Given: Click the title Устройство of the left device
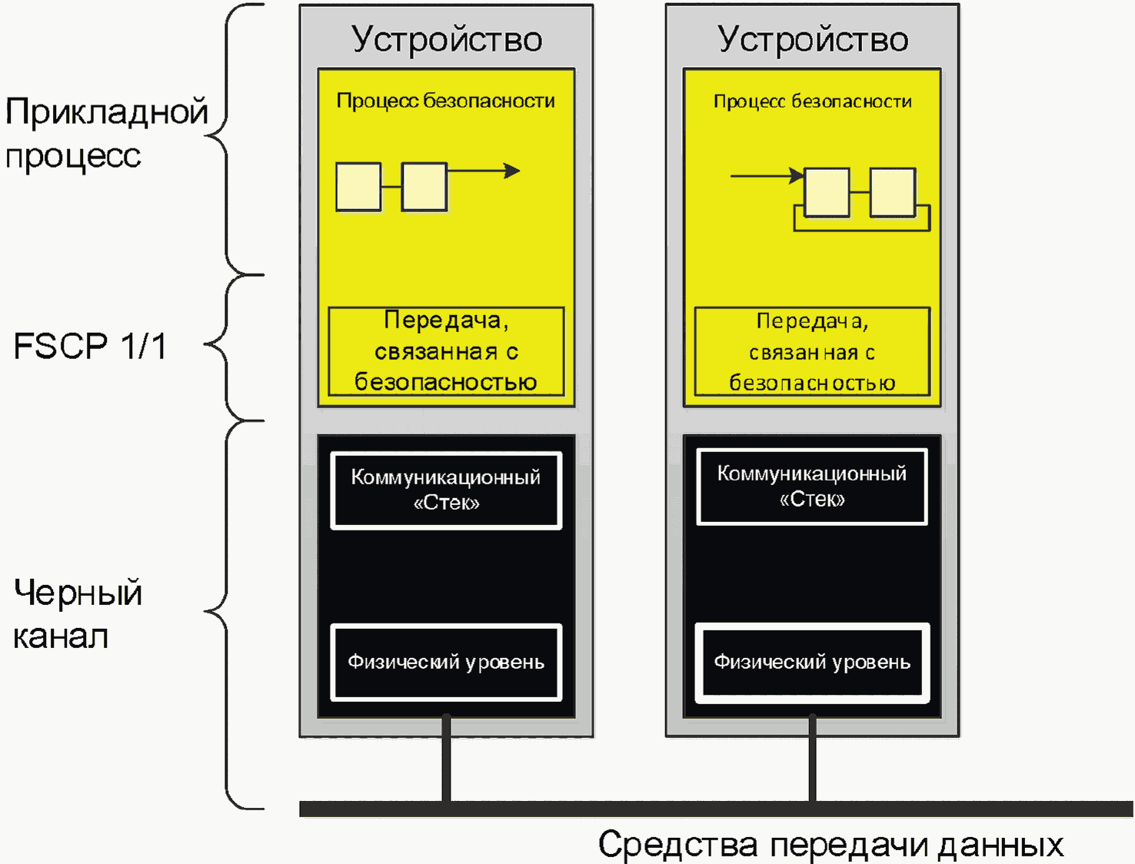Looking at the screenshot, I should (x=447, y=38).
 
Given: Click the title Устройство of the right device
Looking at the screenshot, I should (x=813, y=38).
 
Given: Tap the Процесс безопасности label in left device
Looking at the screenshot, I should (x=446, y=101).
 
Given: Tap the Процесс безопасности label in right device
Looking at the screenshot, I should (x=813, y=101).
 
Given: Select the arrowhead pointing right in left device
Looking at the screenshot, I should (x=512, y=171).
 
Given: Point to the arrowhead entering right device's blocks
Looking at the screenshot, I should (x=797, y=176).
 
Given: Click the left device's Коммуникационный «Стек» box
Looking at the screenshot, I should (x=446, y=490).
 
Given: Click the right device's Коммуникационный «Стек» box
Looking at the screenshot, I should (x=812, y=487).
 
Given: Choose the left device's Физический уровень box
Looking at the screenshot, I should (x=446, y=662).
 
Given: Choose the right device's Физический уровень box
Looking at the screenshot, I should (x=812, y=662).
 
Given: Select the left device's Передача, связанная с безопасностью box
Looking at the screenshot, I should (x=446, y=351).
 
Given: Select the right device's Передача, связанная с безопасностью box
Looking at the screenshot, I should (x=812, y=352).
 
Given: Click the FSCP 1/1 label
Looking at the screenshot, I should (x=90, y=346).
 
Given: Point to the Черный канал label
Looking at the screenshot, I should (x=78, y=614).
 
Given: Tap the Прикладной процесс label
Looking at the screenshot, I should (x=106, y=133).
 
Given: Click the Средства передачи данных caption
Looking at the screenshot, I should (x=830, y=844).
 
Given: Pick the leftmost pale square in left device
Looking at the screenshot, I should (x=358, y=187).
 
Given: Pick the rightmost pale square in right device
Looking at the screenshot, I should (x=893, y=192).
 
